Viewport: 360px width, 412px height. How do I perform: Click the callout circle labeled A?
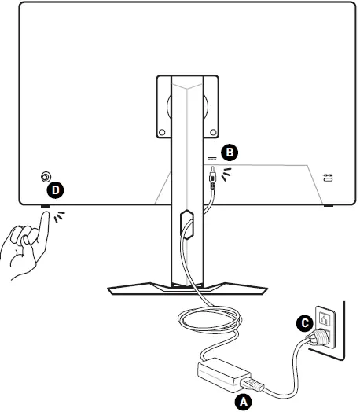tap(244, 401)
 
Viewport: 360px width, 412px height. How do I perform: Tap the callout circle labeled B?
tap(230, 153)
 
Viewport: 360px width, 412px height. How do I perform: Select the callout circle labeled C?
tap(305, 323)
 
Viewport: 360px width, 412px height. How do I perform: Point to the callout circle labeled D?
tap(55, 190)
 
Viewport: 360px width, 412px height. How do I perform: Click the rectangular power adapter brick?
tap(223, 374)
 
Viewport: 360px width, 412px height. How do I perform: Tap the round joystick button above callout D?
tap(46, 176)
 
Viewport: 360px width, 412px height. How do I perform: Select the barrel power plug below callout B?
tap(212, 178)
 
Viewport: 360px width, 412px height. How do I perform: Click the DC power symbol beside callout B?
tap(212, 159)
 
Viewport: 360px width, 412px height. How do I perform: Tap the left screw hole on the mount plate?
tap(162, 132)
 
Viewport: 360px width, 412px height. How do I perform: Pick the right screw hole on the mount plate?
tap(213, 132)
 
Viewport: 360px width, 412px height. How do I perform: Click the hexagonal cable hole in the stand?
tap(187, 224)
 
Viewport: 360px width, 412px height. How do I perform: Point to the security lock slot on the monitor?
tap(328, 179)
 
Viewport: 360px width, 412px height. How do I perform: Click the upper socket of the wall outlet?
tap(324, 319)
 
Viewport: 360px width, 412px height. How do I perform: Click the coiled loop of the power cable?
tap(210, 320)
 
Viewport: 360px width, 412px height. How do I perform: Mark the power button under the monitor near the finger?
tap(45, 206)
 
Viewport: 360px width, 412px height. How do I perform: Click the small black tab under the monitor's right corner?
tap(329, 205)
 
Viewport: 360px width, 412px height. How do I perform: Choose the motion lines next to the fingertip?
tap(59, 216)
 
